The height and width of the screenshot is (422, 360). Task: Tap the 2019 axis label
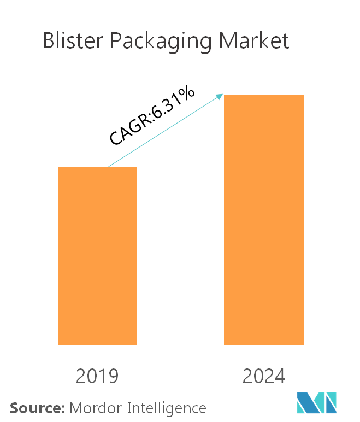click(x=97, y=376)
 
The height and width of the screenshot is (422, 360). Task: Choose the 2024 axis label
click(x=264, y=376)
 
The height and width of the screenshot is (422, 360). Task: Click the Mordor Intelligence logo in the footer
click(x=317, y=406)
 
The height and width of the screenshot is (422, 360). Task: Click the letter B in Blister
click(x=49, y=42)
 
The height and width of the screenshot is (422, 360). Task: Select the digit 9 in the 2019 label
click(x=113, y=376)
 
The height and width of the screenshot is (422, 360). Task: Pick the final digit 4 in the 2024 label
click(x=280, y=376)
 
